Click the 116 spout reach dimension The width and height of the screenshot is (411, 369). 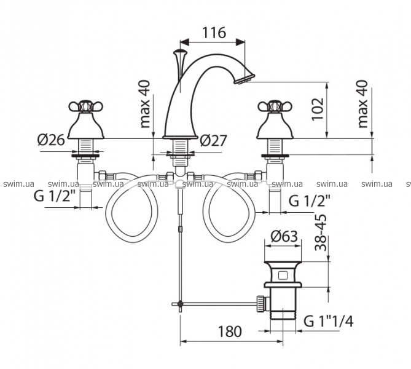(x=214, y=33)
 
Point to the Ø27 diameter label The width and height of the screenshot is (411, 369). (x=214, y=141)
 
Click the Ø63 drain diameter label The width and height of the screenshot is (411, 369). (x=284, y=235)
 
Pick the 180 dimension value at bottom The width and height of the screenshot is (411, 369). (x=229, y=332)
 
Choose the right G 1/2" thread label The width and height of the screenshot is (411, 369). (x=310, y=200)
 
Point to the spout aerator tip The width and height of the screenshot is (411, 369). (x=243, y=78)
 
